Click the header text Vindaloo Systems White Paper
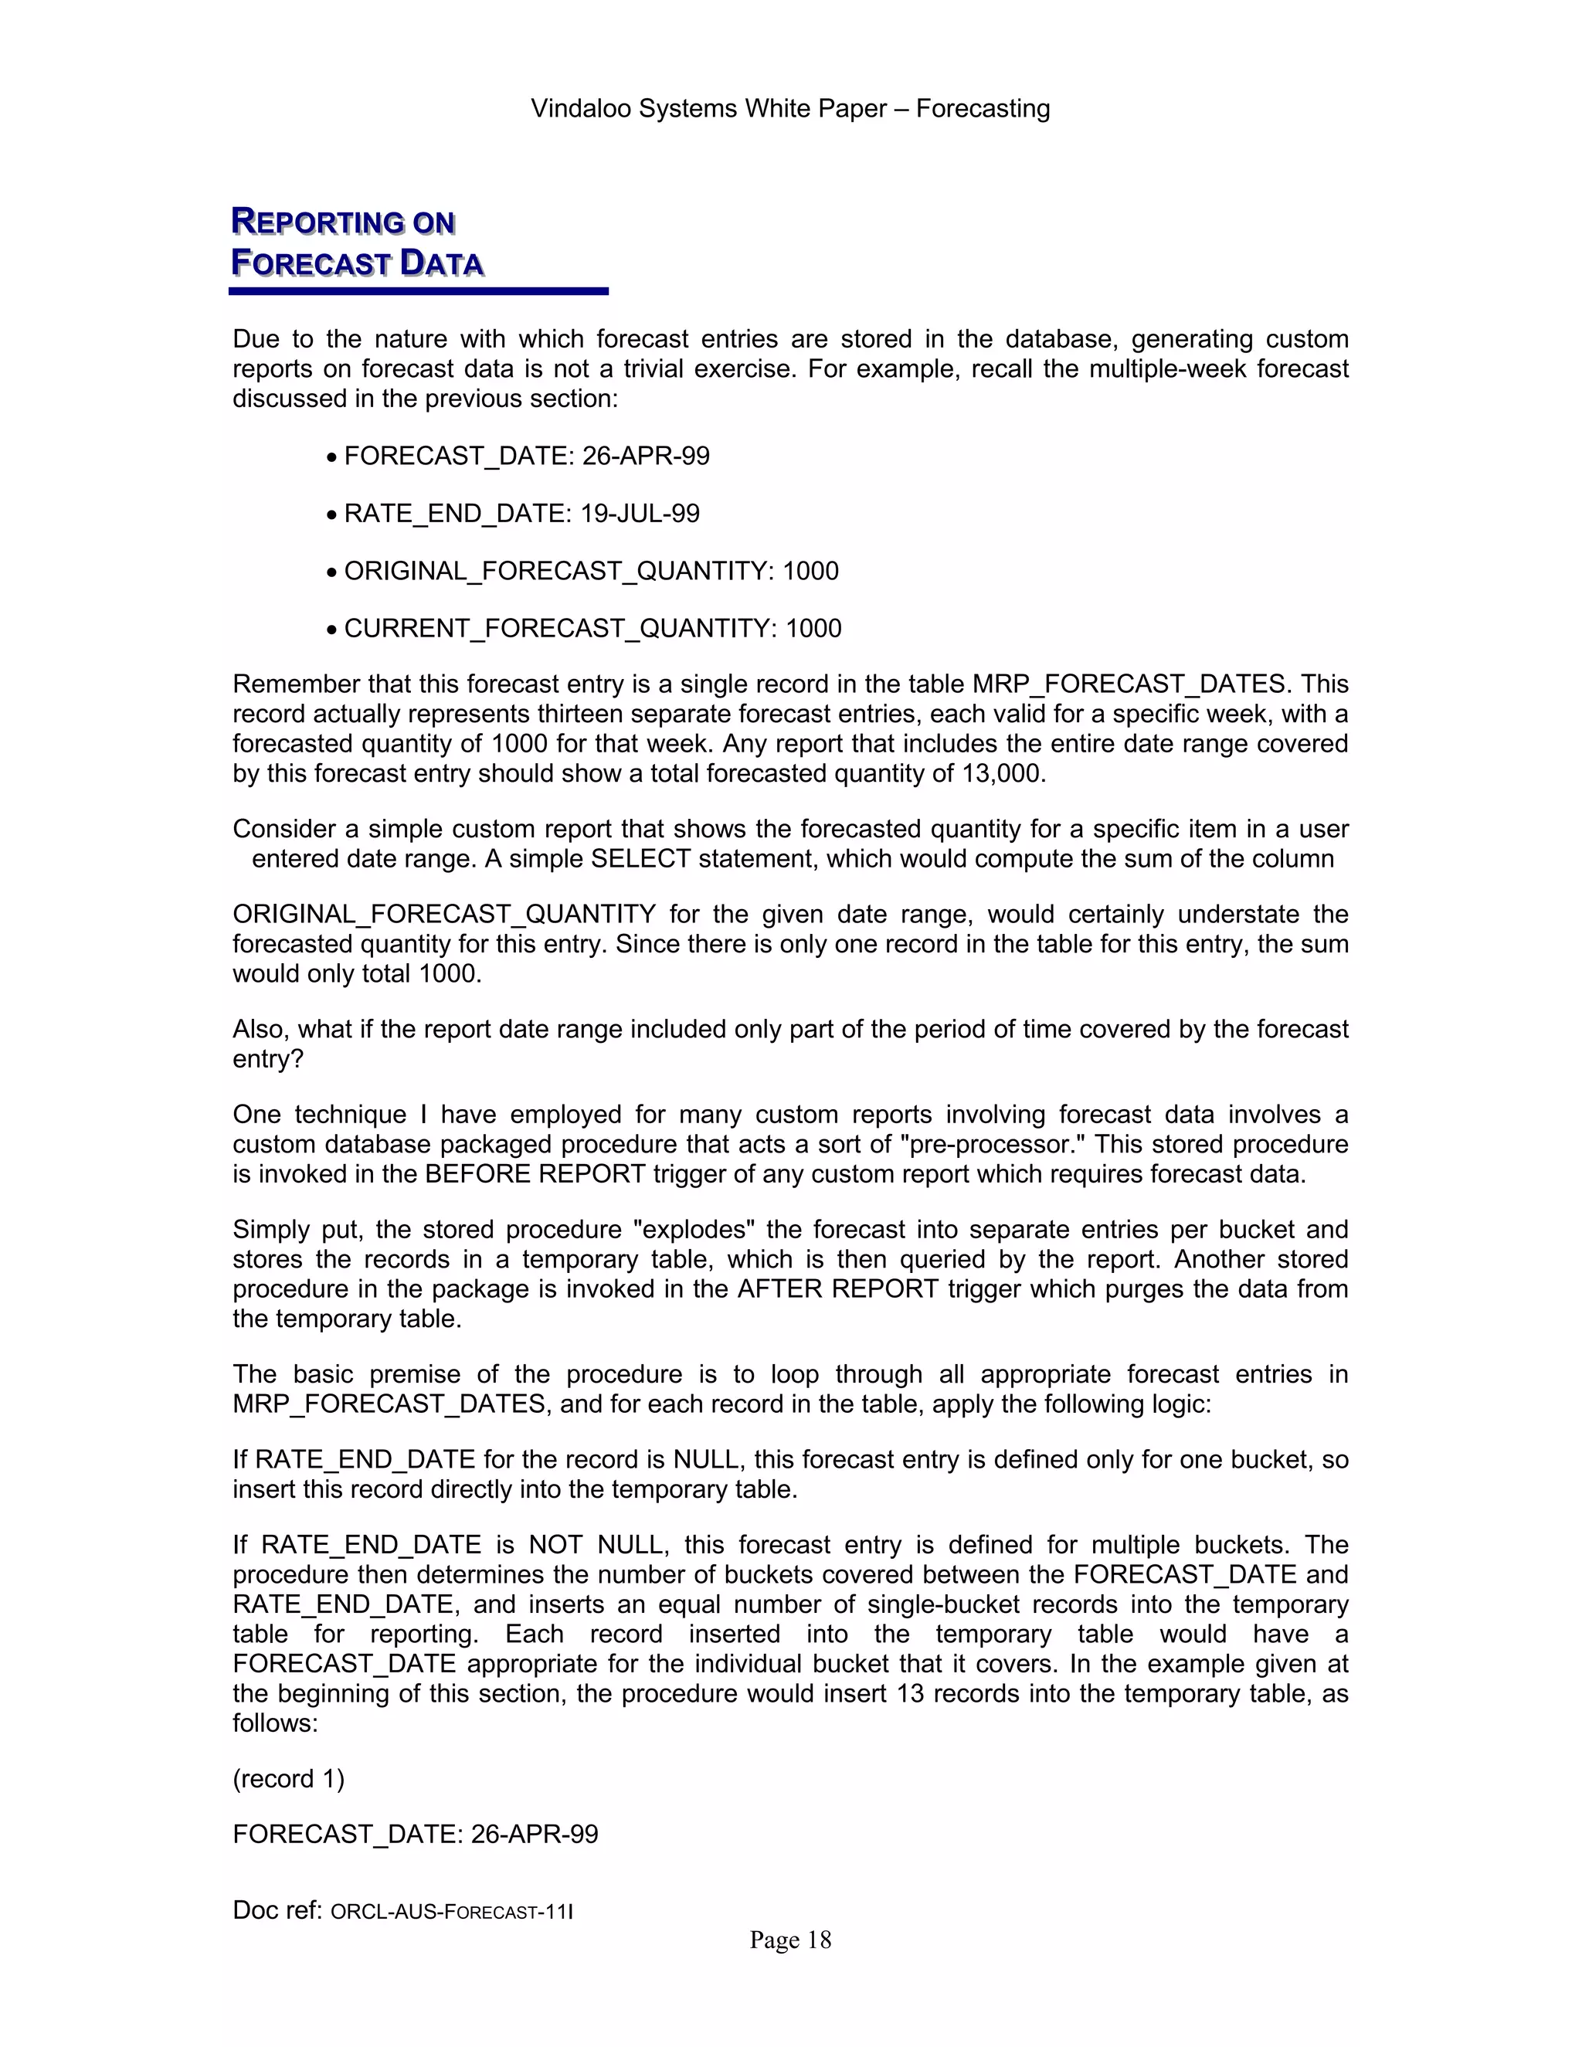click(708, 109)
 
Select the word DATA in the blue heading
click(441, 263)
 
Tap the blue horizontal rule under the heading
click(418, 291)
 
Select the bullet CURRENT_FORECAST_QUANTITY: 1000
click(592, 628)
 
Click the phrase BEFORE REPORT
click(535, 1173)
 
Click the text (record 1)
click(289, 1778)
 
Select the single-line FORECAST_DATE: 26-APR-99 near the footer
click(415, 1835)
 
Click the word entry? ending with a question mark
click(268, 1059)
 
